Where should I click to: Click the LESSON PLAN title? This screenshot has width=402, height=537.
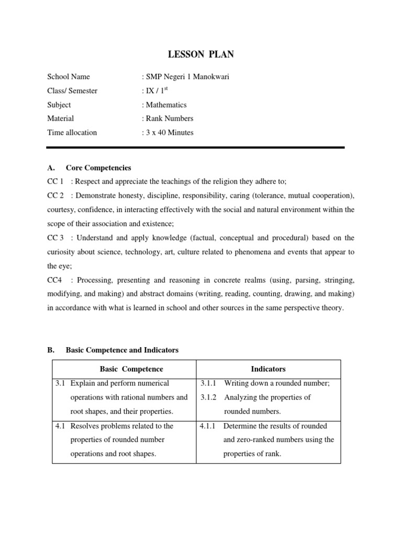[200, 54]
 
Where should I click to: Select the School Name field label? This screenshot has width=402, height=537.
[69, 77]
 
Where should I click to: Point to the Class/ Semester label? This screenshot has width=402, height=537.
[72, 91]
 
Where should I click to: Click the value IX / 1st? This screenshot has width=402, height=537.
[156, 91]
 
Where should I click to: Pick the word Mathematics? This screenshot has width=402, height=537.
[166, 105]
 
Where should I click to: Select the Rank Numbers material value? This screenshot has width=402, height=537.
[170, 119]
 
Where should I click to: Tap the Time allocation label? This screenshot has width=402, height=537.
[72, 133]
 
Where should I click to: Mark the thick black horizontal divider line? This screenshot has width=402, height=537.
[196, 148]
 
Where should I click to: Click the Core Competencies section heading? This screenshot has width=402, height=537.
[98, 168]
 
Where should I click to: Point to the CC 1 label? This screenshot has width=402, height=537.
[55, 181]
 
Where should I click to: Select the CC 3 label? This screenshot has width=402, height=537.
[55, 238]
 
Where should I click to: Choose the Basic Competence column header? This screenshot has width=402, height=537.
[124, 369]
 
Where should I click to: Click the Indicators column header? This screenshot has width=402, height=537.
[268, 369]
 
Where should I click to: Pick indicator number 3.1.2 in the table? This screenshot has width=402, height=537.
[209, 397]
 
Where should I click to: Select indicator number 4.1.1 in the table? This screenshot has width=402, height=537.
[209, 426]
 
